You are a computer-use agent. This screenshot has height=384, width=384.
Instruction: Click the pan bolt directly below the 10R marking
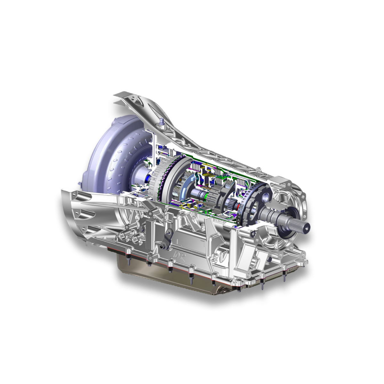click(x=171, y=269)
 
